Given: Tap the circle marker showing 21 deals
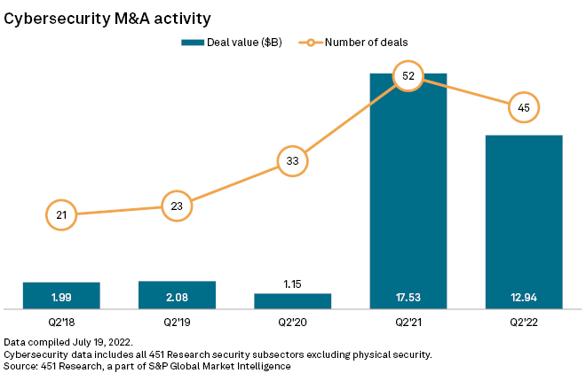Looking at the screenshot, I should click(x=61, y=214).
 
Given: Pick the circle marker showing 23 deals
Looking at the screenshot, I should click(x=177, y=206).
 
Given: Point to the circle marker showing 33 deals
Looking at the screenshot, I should click(x=293, y=161).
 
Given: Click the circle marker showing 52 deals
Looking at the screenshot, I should click(x=408, y=77).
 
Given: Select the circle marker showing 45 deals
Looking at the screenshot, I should click(x=524, y=108).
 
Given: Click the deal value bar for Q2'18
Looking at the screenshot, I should click(x=61, y=296).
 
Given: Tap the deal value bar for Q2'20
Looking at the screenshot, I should click(x=293, y=301).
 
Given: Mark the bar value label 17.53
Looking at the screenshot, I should click(x=408, y=295).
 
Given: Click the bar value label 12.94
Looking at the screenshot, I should click(x=524, y=295).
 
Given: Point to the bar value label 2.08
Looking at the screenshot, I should click(x=177, y=295).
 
